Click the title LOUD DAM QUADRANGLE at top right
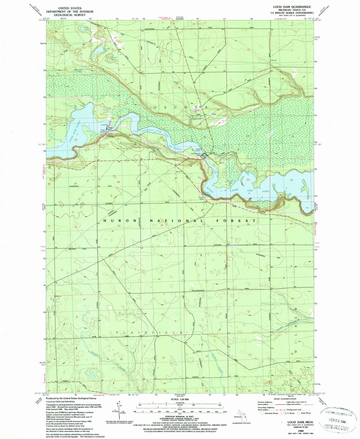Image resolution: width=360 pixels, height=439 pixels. [287, 7]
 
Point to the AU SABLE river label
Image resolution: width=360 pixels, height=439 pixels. [175, 148]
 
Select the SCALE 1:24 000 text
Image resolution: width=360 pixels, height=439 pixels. [180, 399]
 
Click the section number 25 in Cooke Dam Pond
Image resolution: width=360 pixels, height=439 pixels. [248, 180]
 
